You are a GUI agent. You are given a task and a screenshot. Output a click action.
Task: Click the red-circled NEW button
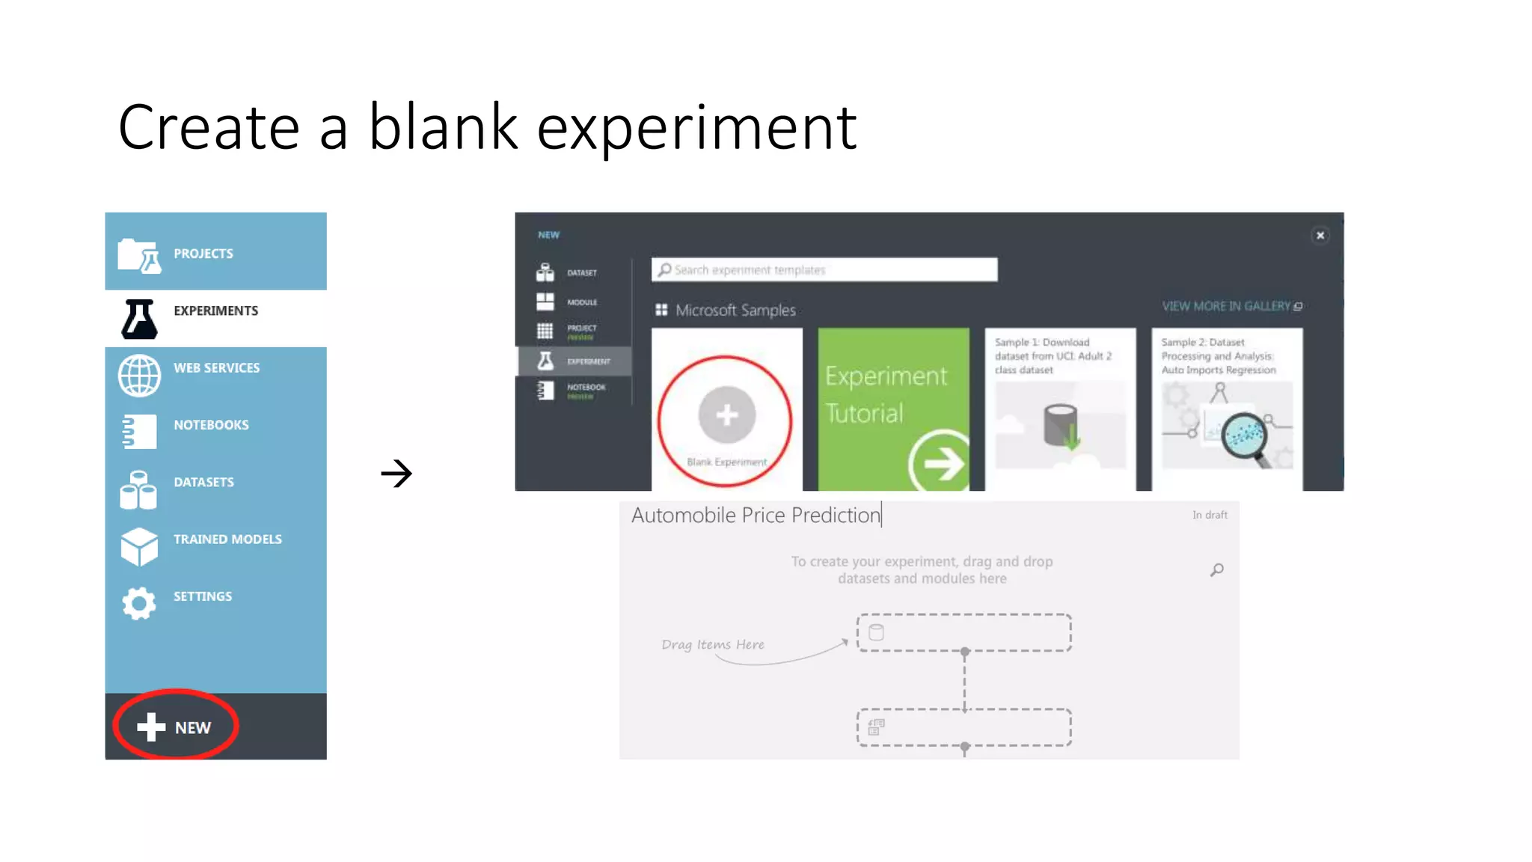pyautogui.click(x=175, y=726)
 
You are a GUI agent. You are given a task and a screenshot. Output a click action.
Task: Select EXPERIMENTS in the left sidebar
pyautogui.click(x=215, y=311)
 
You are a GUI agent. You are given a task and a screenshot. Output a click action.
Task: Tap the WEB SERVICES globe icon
pyautogui.click(x=139, y=375)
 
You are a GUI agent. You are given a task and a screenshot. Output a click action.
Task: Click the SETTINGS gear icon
pyautogui.click(x=139, y=602)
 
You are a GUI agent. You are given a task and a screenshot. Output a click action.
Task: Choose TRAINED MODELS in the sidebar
pyautogui.click(x=227, y=539)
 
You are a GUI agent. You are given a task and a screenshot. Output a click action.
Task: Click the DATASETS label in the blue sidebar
pyautogui.click(x=203, y=483)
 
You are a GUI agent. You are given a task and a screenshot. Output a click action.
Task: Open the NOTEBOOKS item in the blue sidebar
pyautogui.click(x=211, y=425)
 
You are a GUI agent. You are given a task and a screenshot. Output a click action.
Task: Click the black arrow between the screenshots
pyautogui.click(x=396, y=473)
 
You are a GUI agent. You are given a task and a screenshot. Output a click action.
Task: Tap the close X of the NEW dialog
pyautogui.click(x=1320, y=236)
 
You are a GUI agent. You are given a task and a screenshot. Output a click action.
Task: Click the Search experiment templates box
pyautogui.click(x=824, y=270)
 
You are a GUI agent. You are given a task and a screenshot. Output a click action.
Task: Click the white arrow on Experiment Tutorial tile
pyautogui.click(x=941, y=463)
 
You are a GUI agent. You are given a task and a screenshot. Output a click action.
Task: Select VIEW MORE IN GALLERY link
pyautogui.click(x=1231, y=307)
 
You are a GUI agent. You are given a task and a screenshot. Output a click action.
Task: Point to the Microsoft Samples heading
pyautogui.click(x=735, y=311)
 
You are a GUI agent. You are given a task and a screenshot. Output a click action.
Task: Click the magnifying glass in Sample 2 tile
pyautogui.click(x=1245, y=437)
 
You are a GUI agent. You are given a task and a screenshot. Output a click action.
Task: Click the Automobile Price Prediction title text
pyautogui.click(x=756, y=516)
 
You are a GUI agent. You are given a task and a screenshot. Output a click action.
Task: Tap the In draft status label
pyautogui.click(x=1210, y=516)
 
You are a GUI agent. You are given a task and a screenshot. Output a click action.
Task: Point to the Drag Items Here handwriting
pyautogui.click(x=713, y=645)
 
